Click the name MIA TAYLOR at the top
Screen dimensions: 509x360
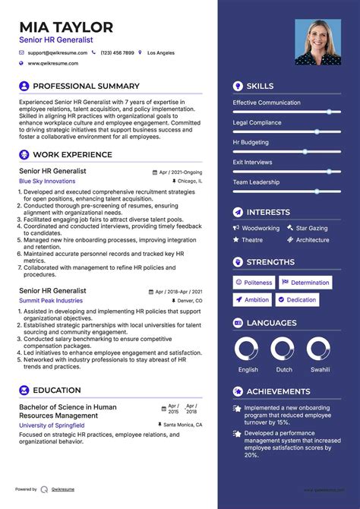(x=66, y=27)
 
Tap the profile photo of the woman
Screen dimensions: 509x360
(x=317, y=43)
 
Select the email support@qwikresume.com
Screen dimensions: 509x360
(x=57, y=53)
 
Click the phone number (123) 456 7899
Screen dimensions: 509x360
(x=117, y=53)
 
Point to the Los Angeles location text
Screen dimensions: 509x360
(x=160, y=53)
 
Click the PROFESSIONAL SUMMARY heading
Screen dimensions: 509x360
(x=86, y=87)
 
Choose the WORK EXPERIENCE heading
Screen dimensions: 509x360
(x=72, y=155)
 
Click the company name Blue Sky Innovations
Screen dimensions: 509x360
(x=47, y=182)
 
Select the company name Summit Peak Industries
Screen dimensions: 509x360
(x=51, y=301)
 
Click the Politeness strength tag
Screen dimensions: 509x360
(x=253, y=283)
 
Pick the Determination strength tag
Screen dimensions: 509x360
(x=305, y=283)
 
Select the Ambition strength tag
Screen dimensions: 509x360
(x=252, y=300)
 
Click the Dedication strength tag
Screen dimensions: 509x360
(x=297, y=300)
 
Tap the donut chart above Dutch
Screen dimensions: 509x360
(x=283, y=349)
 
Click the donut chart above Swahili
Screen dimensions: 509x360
(x=319, y=349)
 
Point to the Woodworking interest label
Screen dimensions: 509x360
(x=261, y=229)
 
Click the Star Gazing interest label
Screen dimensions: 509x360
(x=311, y=229)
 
